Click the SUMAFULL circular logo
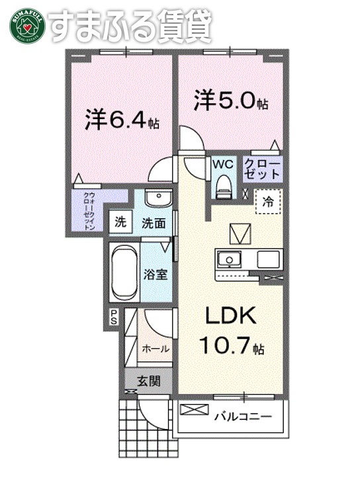click(x=27, y=25)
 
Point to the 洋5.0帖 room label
click(x=231, y=102)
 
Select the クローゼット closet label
click(x=263, y=169)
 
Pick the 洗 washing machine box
click(x=120, y=221)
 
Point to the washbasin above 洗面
click(x=157, y=198)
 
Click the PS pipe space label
click(x=114, y=317)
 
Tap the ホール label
click(x=156, y=348)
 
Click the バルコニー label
click(x=242, y=417)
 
